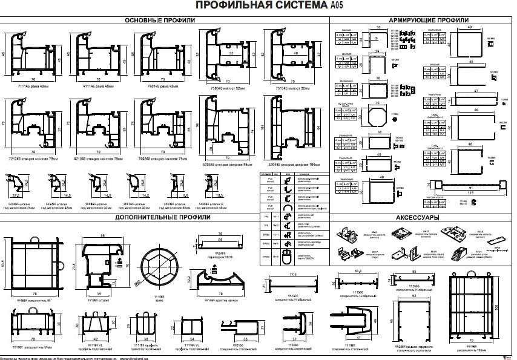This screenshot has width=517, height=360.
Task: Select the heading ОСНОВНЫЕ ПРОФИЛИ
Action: point(160,20)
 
